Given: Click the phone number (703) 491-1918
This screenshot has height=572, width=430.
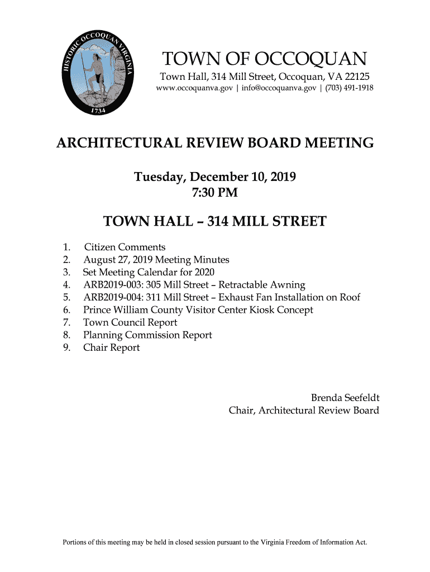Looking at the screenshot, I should [349, 88].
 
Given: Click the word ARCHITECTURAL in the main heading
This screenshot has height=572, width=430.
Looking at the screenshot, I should [123, 144].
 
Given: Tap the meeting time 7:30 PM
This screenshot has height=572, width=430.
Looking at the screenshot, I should [215, 193].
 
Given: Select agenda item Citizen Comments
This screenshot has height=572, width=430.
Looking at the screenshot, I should [124, 247].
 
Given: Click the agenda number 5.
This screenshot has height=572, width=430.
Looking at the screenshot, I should [66, 297].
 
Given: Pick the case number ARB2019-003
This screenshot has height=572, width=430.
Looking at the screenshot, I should [112, 285].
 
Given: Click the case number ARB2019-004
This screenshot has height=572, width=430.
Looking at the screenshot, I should [112, 297].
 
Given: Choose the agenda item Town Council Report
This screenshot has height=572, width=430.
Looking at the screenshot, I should [130, 322].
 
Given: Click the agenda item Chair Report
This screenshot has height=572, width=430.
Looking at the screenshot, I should [111, 347].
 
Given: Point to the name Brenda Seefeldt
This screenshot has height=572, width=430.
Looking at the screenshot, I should [345, 398].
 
